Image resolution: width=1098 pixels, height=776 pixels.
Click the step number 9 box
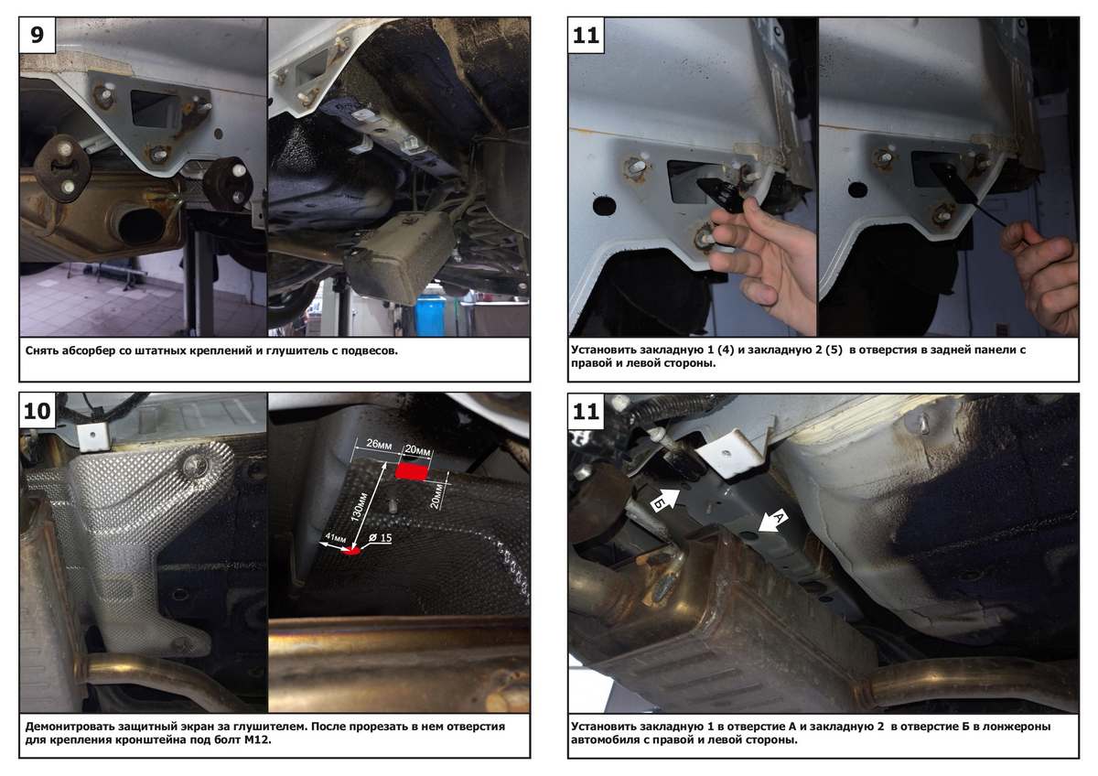(38, 36)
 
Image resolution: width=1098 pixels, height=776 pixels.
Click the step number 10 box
(38, 411)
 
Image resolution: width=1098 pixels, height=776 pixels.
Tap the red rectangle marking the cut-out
(412, 472)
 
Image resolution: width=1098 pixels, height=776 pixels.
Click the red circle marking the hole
(353, 551)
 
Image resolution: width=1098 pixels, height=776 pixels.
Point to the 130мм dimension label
(360, 505)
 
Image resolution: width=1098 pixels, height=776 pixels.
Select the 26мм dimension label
(379, 444)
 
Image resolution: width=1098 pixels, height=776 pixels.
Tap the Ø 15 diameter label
(381, 538)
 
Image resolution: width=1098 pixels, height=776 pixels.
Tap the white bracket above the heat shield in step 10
(93, 437)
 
